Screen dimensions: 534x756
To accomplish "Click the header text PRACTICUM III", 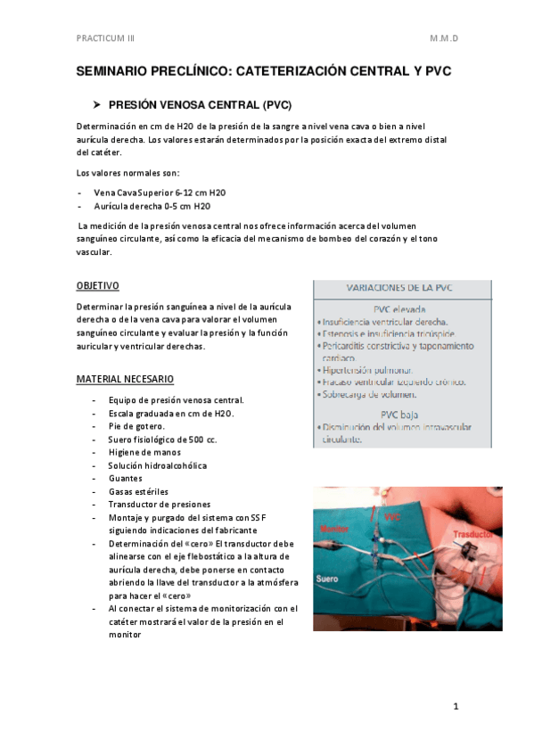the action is [104, 39].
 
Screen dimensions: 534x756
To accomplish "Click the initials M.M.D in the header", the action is [444, 39].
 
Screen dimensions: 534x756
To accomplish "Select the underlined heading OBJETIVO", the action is [97, 285].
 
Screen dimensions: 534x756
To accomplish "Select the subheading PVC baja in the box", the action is [401, 414].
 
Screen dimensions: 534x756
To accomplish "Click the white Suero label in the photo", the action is [327, 579].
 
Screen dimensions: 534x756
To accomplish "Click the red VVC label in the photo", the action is [392, 517].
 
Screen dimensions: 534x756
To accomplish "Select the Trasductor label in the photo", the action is [472, 535].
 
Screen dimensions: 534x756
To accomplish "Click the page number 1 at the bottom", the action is [455, 707].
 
